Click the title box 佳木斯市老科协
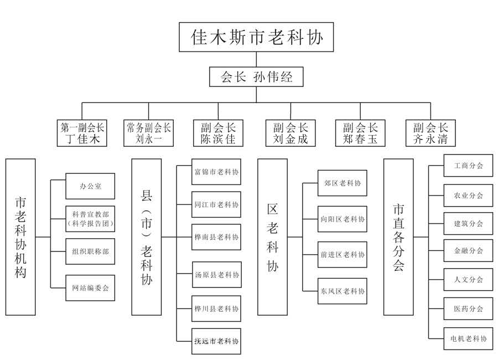(x=256, y=38)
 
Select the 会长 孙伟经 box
(x=256, y=77)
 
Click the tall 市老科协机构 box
(x=21, y=237)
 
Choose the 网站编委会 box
(x=90, y=288)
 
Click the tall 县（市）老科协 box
(x=147, y=237)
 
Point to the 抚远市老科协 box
(x=216, y=341)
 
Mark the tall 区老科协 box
(x=272, y=237)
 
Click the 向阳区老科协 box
(x=343, y=219)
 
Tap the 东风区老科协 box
(x=343, y=291)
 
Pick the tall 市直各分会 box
(x=398, y=237)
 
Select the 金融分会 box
(x=468, y=251)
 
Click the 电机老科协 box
(x=468, y=338)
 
